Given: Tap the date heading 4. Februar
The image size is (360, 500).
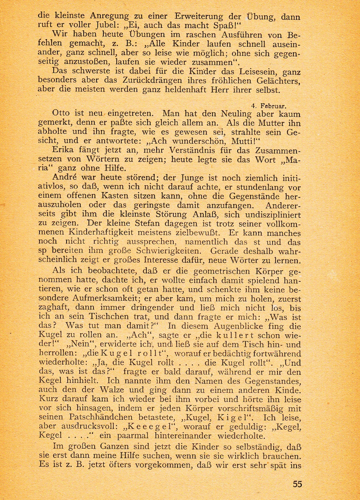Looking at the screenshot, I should (269, 106).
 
